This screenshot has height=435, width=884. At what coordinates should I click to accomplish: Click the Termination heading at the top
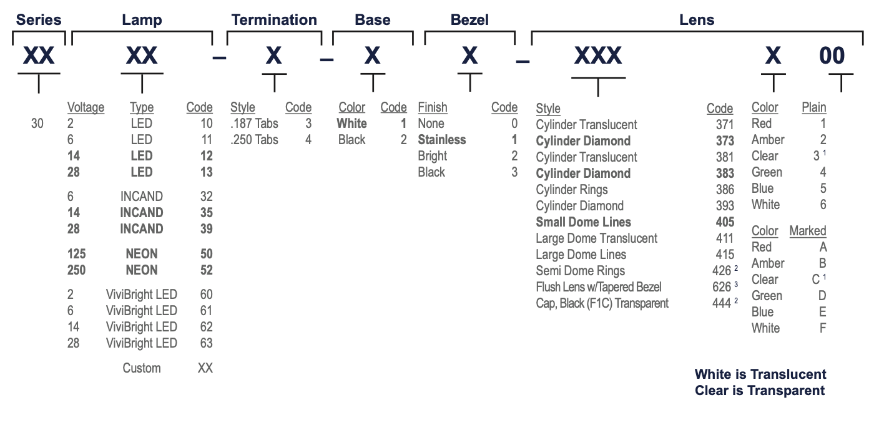(274, 20)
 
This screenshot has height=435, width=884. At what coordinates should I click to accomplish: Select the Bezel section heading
(469, 20)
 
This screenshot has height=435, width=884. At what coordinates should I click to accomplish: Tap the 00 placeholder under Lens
(832, 55)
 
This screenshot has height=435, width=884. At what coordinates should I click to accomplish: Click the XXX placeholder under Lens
(598, 55)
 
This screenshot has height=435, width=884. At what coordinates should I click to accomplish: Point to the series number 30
(37, 124)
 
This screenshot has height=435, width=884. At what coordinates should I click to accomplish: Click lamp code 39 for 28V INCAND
(207, 229)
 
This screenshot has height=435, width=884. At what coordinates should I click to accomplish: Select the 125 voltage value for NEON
(76, 253)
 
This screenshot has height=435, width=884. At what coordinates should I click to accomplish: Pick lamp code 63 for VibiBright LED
(207, 343)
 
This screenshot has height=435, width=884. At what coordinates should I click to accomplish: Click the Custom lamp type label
(142, 368)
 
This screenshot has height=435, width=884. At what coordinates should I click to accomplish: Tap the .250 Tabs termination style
(254, 140)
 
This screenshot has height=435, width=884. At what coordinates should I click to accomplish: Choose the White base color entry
(351, 124)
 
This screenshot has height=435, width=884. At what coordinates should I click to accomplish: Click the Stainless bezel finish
(441, 140)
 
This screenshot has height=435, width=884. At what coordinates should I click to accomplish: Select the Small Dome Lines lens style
(583, 222)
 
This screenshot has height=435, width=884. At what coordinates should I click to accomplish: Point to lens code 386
(725, 190)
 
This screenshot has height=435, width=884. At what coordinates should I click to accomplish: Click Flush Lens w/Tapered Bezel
(598, 287)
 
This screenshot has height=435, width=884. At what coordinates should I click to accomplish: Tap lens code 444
(722, 303)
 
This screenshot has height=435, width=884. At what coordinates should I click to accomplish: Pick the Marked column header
(808, 231)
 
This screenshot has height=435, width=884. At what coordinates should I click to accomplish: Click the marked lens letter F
(822, 328)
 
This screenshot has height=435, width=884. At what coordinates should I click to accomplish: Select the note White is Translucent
(760, 374)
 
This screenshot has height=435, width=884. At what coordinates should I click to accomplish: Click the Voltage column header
(86, 107)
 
